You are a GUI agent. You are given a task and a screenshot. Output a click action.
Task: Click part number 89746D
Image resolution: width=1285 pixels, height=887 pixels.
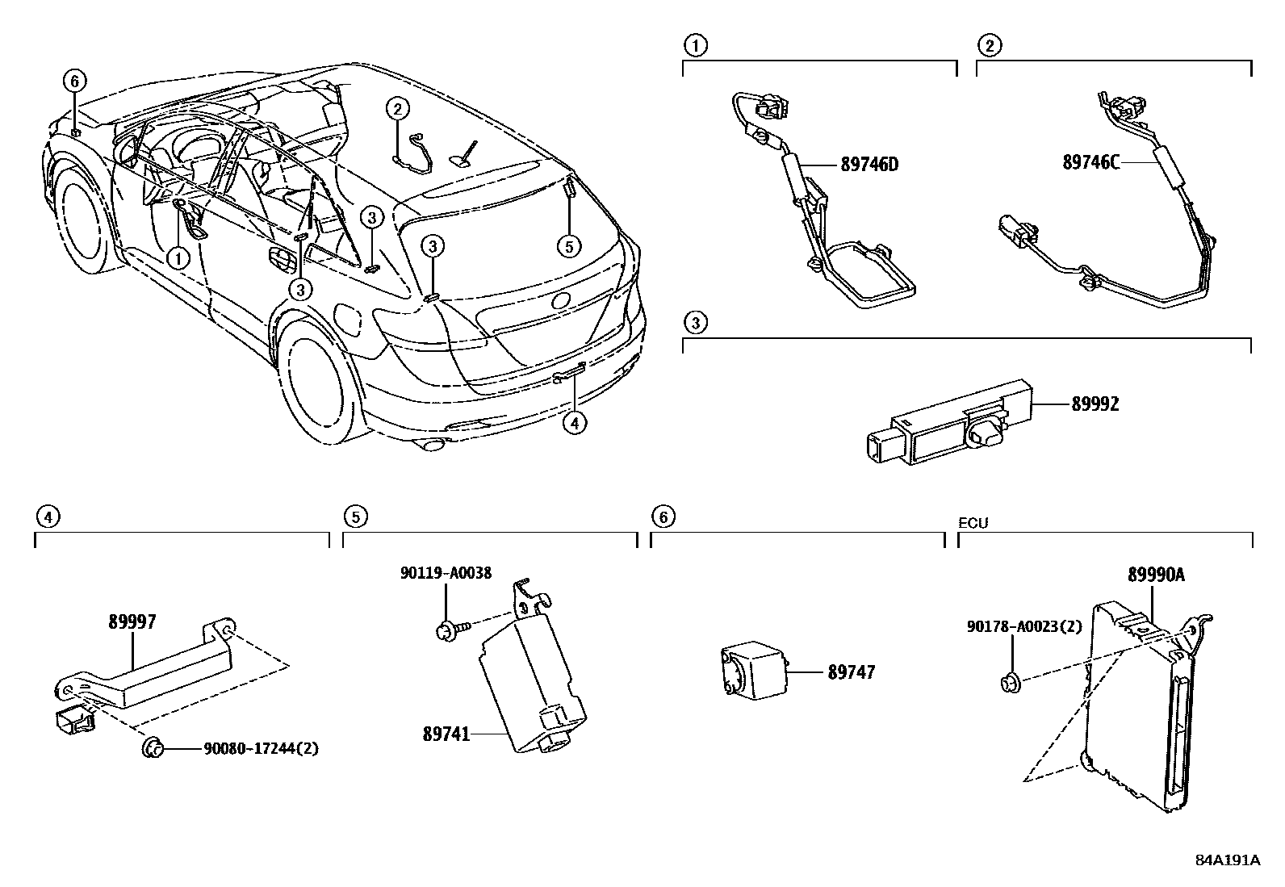pos(869,165)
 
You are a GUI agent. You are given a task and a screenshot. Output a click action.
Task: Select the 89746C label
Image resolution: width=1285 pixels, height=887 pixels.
pos(1090,162)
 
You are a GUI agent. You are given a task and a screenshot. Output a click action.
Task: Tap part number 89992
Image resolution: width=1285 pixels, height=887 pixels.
pos(1095,404)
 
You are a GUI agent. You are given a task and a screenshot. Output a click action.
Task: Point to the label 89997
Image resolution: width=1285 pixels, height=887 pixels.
pos(132,621)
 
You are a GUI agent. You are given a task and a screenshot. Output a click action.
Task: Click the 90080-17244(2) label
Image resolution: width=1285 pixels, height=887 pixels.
pos(261,749)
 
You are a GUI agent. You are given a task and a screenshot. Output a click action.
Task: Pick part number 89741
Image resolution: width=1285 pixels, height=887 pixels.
pos(446,734)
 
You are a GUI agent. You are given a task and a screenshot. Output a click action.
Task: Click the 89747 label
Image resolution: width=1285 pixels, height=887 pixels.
pos(851,672)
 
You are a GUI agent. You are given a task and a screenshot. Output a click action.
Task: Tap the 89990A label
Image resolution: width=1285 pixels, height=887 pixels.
pos(1156,575)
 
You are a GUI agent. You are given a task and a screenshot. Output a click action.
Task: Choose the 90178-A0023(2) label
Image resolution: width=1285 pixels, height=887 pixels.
pos(1024,626)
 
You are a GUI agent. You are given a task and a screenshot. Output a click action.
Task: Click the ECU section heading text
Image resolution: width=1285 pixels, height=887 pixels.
pos(973,523)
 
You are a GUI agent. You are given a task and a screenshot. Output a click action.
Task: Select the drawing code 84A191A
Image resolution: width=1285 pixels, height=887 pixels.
pos(1227,860)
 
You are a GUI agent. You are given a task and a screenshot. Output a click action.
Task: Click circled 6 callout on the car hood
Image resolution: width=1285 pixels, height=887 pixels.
pos(74,81)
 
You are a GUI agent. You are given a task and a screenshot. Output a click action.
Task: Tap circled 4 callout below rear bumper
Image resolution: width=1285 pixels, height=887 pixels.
pos(573,423)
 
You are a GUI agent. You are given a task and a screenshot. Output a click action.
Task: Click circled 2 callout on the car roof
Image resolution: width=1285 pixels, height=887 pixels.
pos(396,107)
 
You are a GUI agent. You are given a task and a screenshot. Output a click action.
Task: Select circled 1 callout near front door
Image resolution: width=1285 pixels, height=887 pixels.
pos(177,257)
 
